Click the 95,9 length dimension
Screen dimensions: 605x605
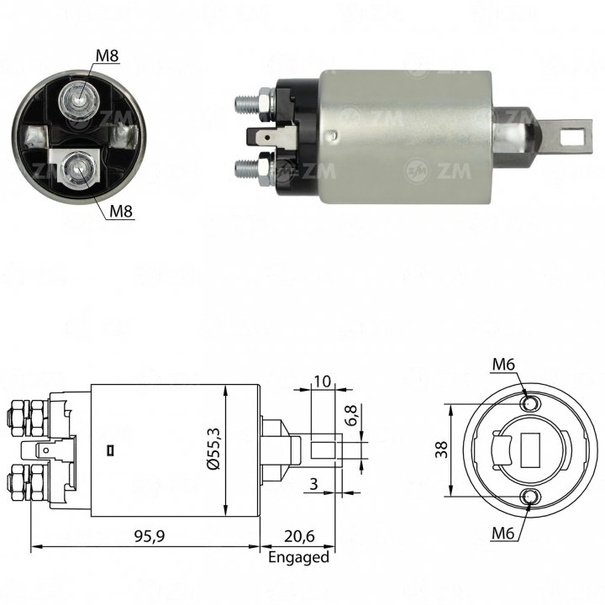[150, 536]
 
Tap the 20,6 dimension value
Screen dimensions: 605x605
[299, 536]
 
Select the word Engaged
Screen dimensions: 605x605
[298, 558]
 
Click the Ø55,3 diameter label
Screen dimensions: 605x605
[213, 449]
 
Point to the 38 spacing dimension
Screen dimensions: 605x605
[441, 450]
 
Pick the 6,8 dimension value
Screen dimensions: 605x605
[351, 415]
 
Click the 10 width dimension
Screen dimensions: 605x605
[323, 381]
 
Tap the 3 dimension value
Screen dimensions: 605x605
[313, 483]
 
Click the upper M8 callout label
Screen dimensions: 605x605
[107, 56]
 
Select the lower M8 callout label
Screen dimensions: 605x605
[121, 211]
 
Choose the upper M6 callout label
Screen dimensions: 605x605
[503, 364]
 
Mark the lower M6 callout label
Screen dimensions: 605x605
[502, 534]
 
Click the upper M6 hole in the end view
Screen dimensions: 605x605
[529, 404]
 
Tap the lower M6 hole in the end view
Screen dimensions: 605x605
[529, 497]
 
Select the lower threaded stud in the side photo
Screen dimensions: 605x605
[247, 168]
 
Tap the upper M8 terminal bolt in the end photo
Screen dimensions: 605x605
[79, 100]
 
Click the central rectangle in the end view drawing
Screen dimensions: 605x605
[530, 450]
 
